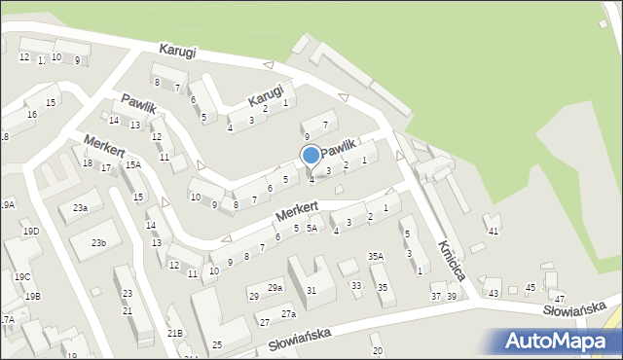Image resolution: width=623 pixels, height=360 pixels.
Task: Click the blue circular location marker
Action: coord(311,155)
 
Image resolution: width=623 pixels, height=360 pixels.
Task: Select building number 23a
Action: coord(81,208)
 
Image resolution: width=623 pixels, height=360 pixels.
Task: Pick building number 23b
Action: coord(99,242)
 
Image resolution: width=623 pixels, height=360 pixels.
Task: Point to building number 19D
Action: coord(31,231)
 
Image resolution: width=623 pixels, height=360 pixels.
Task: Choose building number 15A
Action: coord(132,165)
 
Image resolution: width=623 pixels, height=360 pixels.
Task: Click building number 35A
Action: coord(376,256)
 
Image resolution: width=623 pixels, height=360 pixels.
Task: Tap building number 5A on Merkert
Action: coord(311,228)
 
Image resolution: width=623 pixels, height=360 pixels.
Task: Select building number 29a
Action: coord(275,288)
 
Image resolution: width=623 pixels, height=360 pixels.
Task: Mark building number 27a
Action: coord(288,314)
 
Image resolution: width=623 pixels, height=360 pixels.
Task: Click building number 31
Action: coord(311,291)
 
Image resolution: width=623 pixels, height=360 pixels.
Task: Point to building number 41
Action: coord(494,231)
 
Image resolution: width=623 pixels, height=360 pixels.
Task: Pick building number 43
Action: coord(494,293)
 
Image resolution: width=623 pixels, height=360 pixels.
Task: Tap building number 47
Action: coord(560,298)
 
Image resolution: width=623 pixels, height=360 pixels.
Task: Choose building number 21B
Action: coord(174,334)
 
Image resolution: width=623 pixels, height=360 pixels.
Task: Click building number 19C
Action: coord(21,277)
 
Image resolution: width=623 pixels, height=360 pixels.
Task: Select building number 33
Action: coord(356,286)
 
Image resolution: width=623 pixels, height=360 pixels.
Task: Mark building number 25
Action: coord(217,345)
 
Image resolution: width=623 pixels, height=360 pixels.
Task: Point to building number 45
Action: coord(531,287)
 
